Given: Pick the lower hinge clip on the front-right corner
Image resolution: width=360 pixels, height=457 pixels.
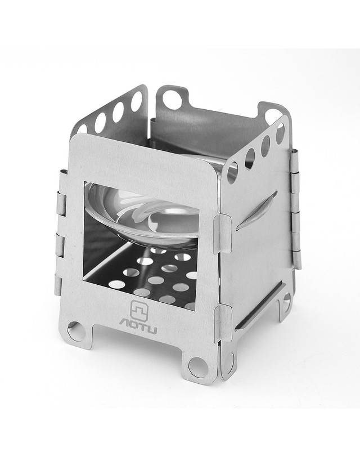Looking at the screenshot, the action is (223, 323).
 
